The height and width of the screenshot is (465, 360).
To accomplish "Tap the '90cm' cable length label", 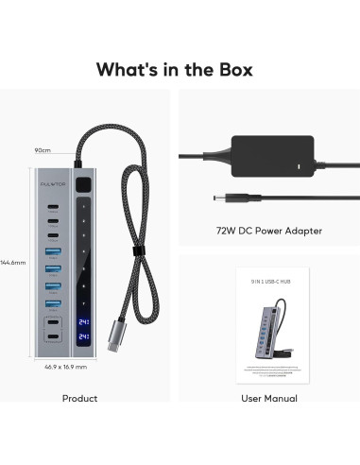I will (x=42, y=150).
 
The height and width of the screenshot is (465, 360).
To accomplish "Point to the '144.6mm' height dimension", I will (x=12, y=262).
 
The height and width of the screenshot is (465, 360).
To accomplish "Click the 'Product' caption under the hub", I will (x=79, y=398).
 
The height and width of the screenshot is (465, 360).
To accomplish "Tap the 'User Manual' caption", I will (x=269, y=398).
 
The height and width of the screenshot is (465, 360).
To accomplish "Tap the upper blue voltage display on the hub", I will (x=85, y=320).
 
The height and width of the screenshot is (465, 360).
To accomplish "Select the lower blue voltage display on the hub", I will (x=85, y=336).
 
